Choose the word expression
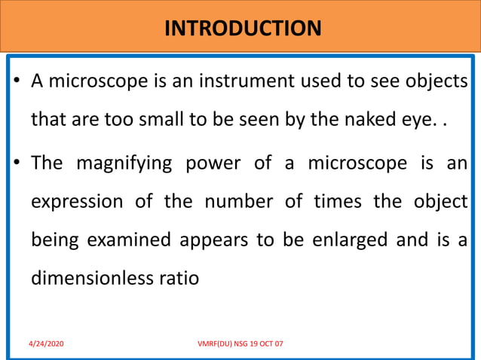click(x=76, y=201)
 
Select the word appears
click(x=207, y=240)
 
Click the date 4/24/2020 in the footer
click(x=46, y=343)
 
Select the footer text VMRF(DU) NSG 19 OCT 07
click(x=240, y=343)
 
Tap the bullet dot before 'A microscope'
click(x=17, y=82)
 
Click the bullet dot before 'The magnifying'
click(x=17, y=162)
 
